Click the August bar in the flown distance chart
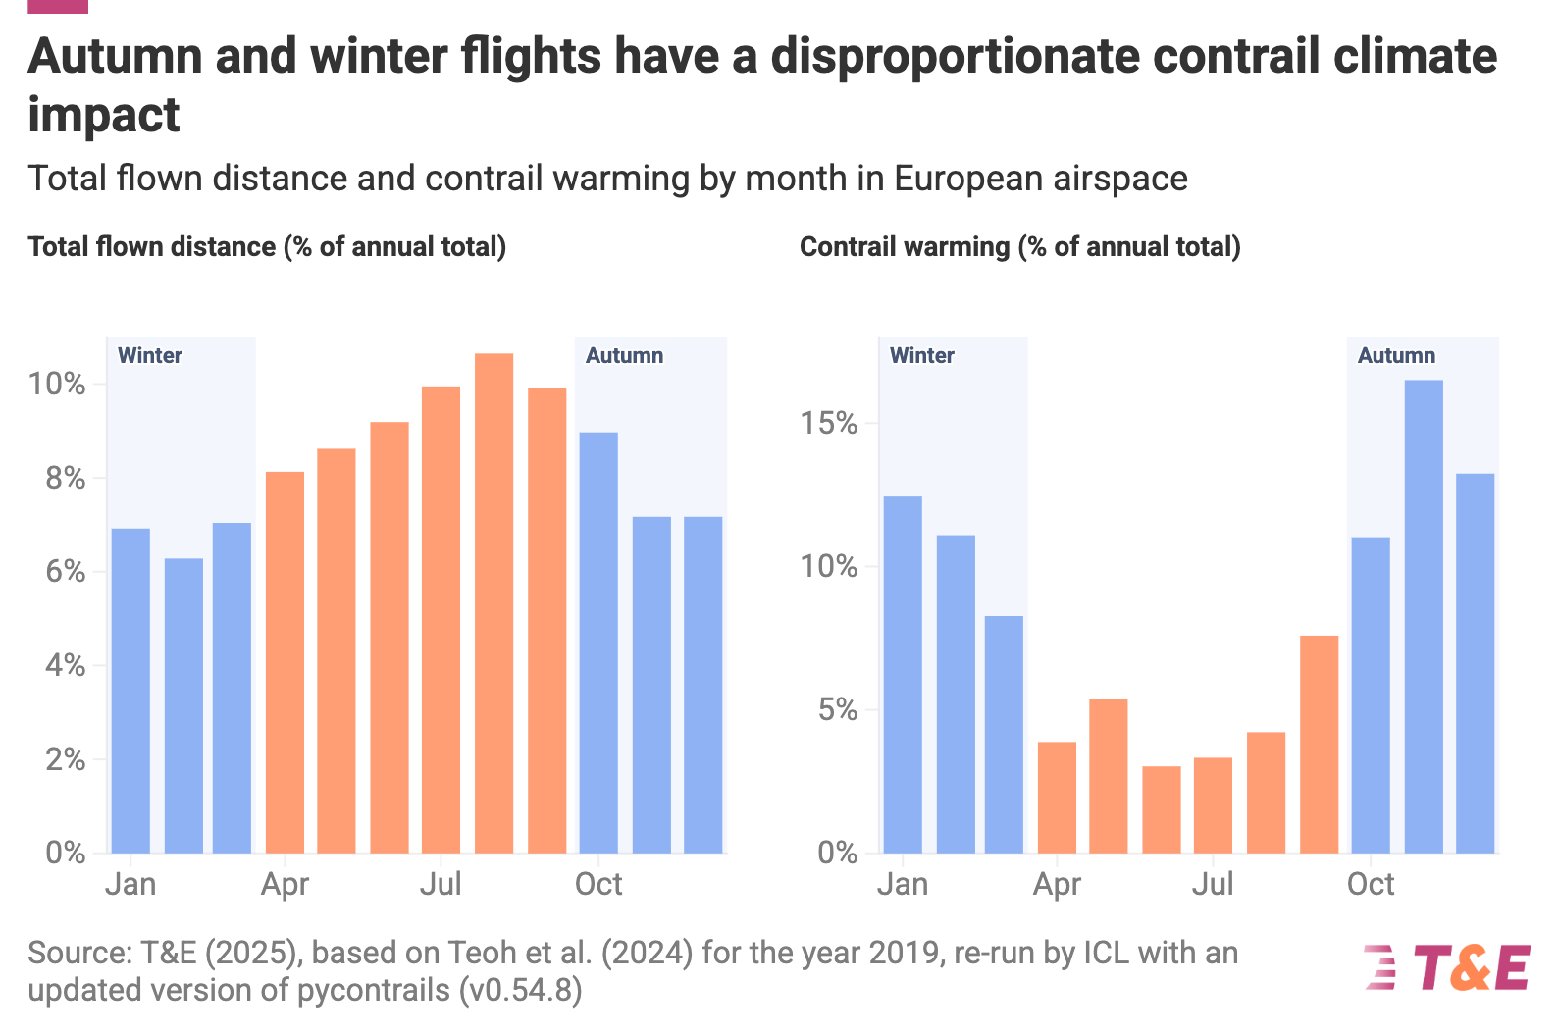pos(493,603)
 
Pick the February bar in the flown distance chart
pos(183,705)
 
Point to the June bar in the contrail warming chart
pos(1162,809)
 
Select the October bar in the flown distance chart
pos(598,643)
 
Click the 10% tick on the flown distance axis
pos(57,384)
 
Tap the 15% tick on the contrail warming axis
pos(829,424)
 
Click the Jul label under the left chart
pos(441,884)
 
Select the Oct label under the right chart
pos(1371,884)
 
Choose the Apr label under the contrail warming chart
pos(1057,884)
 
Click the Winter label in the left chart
pos(150,355)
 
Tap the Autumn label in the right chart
pos(1396,355)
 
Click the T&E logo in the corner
pos(1447,967)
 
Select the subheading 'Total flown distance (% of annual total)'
pos(267,246)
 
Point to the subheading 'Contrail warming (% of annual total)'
pos(1019,246)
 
